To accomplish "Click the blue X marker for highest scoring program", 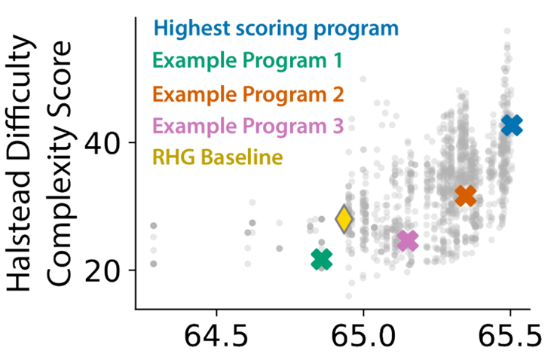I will (512, 125).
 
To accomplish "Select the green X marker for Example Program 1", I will (322, 259).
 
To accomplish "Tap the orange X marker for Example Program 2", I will (466, 196).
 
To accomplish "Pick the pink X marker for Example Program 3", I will (407, 240).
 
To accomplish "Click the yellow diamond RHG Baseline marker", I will (344, 219).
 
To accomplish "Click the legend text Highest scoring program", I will (275, 29).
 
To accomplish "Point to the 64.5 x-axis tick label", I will (217, 334).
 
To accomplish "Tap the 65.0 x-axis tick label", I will (363, 334).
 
